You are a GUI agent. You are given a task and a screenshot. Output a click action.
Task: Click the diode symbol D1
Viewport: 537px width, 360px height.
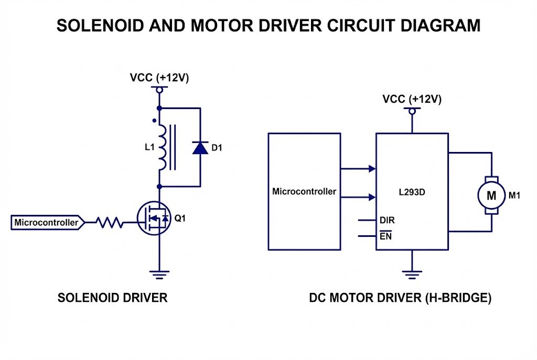click(200, 147)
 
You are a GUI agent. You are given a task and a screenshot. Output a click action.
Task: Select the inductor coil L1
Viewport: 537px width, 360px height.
click(162, 147)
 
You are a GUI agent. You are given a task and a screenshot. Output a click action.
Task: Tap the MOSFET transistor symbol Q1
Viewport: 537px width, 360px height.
click(154, 219)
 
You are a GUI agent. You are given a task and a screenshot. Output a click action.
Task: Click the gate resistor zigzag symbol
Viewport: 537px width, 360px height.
click(110, 223)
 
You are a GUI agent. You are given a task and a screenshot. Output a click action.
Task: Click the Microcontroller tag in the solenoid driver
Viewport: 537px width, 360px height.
click(47, 223)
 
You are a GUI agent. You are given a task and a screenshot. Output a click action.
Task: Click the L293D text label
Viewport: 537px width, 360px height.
click(412, 192)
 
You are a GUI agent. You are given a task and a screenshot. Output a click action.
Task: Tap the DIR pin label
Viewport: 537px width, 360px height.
click(387, 221)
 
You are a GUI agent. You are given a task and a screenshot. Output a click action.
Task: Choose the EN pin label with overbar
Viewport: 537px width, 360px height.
click(385, 236)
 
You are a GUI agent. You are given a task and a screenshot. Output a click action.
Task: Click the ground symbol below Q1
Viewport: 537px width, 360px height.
click(158, 272)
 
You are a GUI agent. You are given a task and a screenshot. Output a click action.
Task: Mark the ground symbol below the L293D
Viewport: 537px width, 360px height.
click(412, 272)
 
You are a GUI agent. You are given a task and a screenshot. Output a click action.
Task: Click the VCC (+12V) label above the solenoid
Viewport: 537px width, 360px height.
click(159, 78)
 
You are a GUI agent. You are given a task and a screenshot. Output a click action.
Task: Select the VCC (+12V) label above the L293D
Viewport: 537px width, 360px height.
click(412, 99)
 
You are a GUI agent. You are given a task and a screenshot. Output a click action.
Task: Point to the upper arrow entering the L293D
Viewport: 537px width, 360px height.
click(372, 169)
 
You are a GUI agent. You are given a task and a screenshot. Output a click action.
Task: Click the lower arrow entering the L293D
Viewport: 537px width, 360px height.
click(372, 197)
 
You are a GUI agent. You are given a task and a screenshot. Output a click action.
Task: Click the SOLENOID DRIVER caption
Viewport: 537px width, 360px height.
click(112, 298)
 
